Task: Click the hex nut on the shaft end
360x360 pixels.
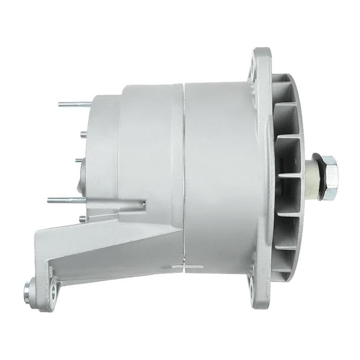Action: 329,178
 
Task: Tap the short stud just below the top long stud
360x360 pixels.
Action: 83,132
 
